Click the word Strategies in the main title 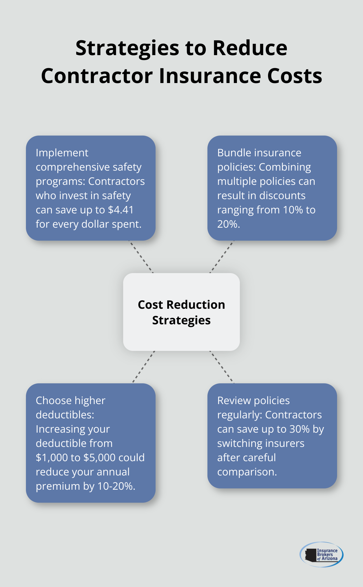(x=127, y=49)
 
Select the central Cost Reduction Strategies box (x=181, y=312)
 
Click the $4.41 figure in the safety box (x=121, y=210)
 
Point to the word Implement (x=62, y=153)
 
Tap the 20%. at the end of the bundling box (x=228, y=224)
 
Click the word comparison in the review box (x=247, y=472)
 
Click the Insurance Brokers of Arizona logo (x=321, y=555)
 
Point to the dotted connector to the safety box (x=141, y=257)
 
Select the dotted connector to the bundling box (x=222, y=257)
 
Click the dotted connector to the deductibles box (x=144, y=367)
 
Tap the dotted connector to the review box (x=221, y=367)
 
